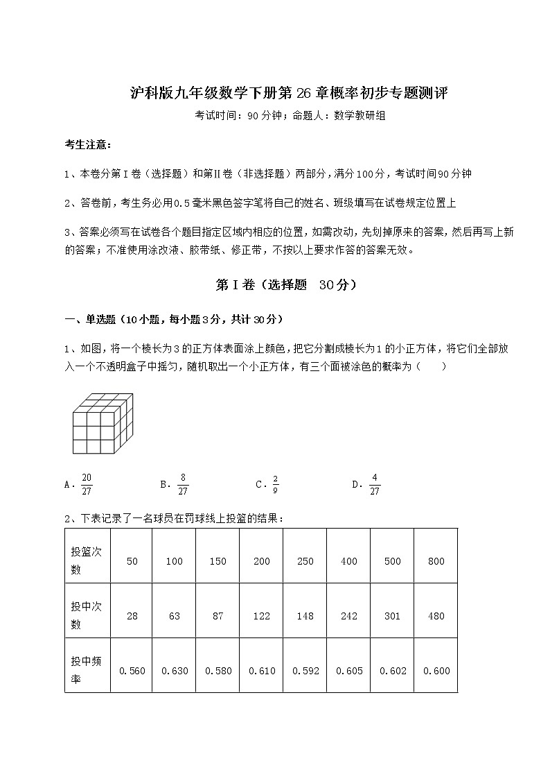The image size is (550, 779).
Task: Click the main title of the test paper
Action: click(290, 94)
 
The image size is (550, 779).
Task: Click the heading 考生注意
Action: click(88, 145)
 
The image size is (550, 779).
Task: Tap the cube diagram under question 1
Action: click(102, 423)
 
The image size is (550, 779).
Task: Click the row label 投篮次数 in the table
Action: click(86, 560)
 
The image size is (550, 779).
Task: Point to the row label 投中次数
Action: click(86, 615)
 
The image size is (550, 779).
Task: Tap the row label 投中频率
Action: click(86, 670)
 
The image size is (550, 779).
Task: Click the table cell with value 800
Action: click(436, 561)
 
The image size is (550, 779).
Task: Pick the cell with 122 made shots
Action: click(261, 616)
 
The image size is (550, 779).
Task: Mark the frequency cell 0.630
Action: click(174, 671)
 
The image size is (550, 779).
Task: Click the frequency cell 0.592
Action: click(305, 671)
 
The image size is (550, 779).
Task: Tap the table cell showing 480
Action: click(436, 616)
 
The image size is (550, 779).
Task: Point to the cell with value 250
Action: click(305, 561)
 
